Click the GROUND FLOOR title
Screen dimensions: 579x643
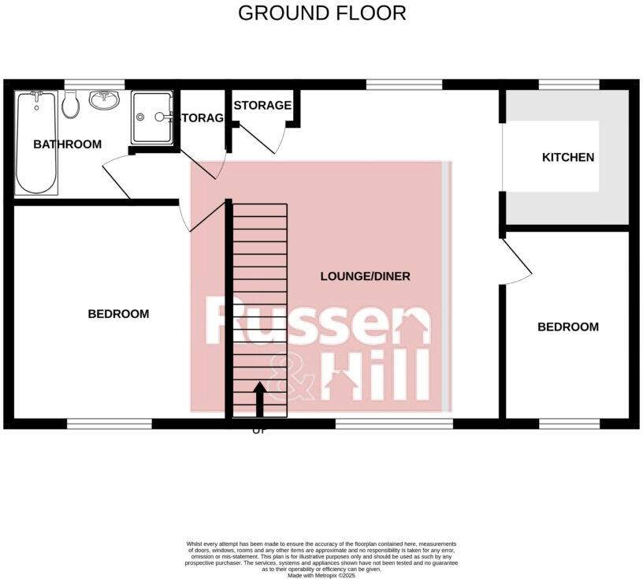click(x=321, y=13)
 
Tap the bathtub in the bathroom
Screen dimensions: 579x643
click(x=36, y=142)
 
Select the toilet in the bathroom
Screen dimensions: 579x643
click(x=70, y=105)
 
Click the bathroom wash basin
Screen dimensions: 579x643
click(x=103, y=100)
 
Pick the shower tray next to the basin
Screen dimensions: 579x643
click(x=152, y=118)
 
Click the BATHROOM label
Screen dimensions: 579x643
click(x=67, y=144)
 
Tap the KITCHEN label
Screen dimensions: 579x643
click(x=567, y=157)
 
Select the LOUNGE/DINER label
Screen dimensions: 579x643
click(x=365, y=276)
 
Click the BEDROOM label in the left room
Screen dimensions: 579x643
click(x=117, y=314)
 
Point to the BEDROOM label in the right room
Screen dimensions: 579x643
click(x=567, y=327)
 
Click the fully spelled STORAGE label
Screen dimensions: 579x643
click(x=262, y=105)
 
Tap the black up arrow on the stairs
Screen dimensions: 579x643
click(x=259, y=398)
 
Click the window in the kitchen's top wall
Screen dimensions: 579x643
click(x=568, y=84)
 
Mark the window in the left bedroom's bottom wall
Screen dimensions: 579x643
click(x=109, y=424)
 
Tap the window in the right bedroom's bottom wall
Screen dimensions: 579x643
click(x=568, y=424)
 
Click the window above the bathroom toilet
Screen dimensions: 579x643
click(x=94, y=84)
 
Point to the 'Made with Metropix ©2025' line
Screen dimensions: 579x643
click(x=321, y=576)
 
